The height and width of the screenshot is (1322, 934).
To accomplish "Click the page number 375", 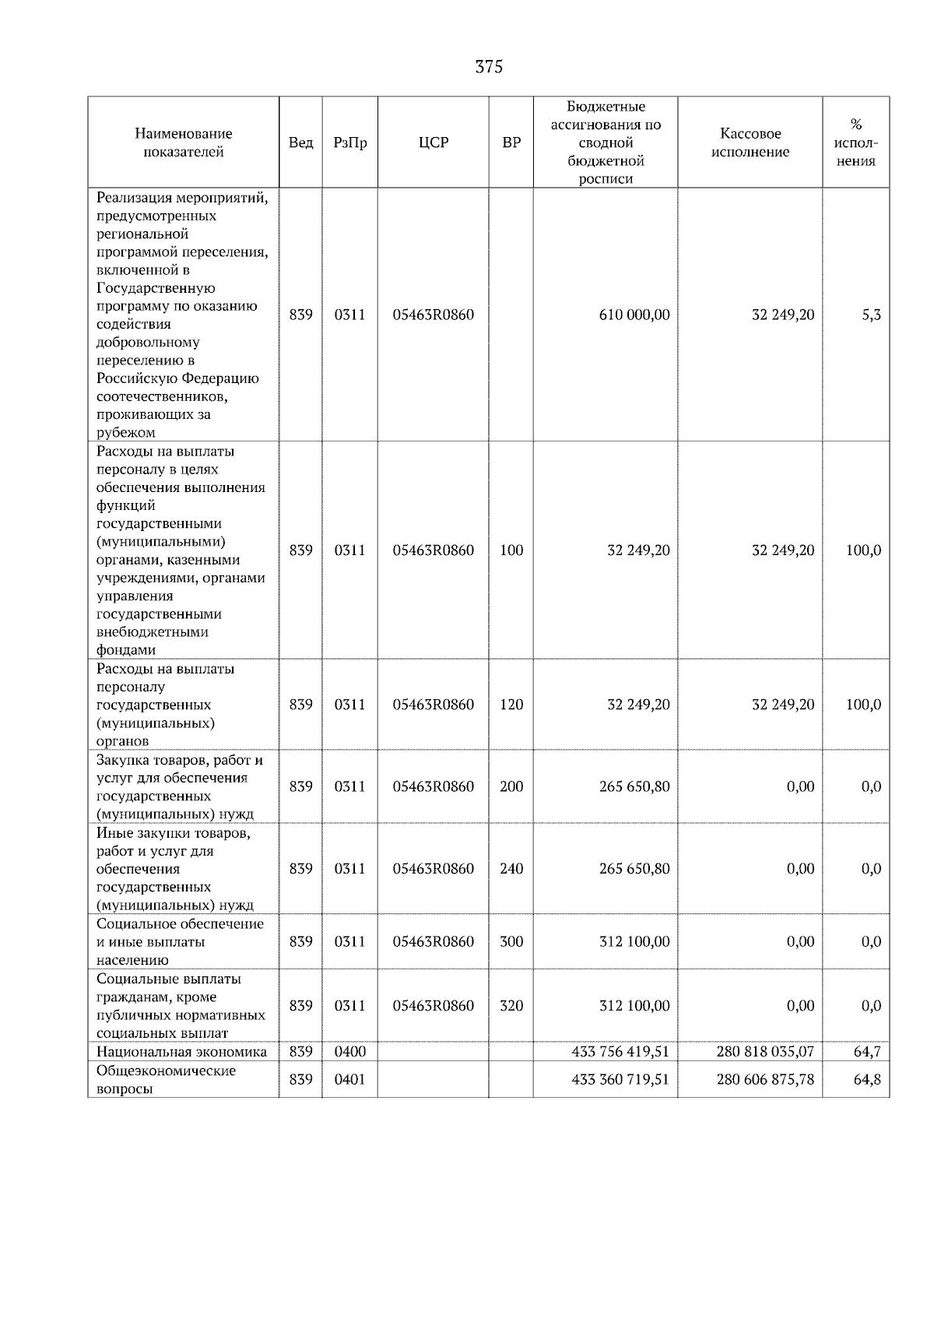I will pyautogui.click(x=489, y=67).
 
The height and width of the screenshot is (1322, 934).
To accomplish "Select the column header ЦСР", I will pyautogui.click(x=433, y=142).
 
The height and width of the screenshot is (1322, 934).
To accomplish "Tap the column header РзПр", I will pyautogui.click(x=349, y=142).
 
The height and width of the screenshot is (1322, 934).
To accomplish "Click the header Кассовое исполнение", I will pyautogui.click(x=750, y=142).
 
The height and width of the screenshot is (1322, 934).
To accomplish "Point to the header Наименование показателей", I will pyautogui.click(x=183, y=142).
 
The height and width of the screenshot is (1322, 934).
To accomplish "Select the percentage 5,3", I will pyautogui.click(x=871, y=315).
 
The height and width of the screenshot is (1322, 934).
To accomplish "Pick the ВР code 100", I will pyautogui.click(x=511, y=550).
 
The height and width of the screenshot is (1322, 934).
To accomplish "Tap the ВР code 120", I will pyautogui.click(x=511, y=705).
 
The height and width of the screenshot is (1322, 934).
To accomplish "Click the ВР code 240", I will pyautogui.click(x=511, y=869).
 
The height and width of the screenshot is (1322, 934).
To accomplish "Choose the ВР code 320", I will pyautogui.click(x=511, y=1006).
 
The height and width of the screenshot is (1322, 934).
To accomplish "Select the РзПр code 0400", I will pyautogui.click(x=349, y=1052).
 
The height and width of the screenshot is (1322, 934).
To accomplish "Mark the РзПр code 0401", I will pyautogui.click(x=349, y=1080).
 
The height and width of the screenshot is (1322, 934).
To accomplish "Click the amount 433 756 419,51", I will pyautogui.click(x=620, y=1052).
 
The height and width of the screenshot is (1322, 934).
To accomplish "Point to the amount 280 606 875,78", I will pyautogui.click(x=764, y=1080).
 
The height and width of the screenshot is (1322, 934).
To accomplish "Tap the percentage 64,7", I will pyautogui.click(x=866, y=1052).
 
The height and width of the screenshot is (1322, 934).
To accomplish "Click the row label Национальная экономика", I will pyautogui.click(x=181, y=1052).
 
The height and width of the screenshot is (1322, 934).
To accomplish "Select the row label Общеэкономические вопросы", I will pyautogui.click(x=166, y=1080).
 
